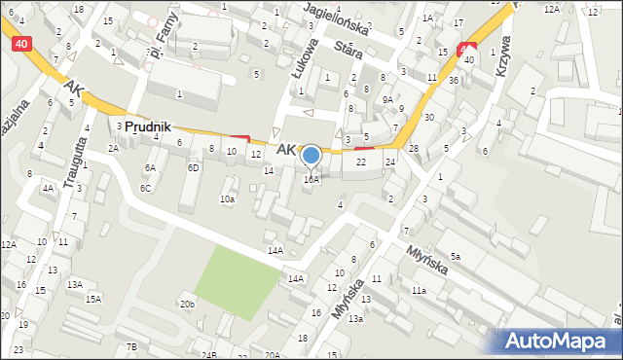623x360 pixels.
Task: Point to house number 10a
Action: click(x=227, y=198)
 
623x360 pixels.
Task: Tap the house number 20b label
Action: click(x=187, y=305)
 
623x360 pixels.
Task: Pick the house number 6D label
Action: click(x=194, y=167)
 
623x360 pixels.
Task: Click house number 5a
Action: click(x=454, y=256)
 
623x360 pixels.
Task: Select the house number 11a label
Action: click(x=419, y=290)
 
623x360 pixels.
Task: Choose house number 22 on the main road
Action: click(x=360, y=162)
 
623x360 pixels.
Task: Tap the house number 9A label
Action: click(x=386, y=99)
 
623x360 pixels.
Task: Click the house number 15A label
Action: click(x=92, y=299)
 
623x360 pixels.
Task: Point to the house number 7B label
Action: click(x=131, y=347)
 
